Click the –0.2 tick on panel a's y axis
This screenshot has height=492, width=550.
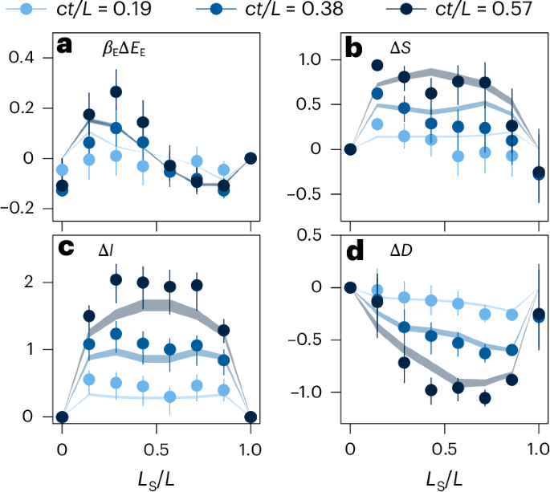27,208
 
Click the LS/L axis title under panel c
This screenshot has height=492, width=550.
157,474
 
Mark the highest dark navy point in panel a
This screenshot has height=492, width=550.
116,92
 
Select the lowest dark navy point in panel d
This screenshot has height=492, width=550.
485,398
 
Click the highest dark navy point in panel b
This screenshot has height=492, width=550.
377,66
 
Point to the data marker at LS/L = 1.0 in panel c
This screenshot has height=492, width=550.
250,417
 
